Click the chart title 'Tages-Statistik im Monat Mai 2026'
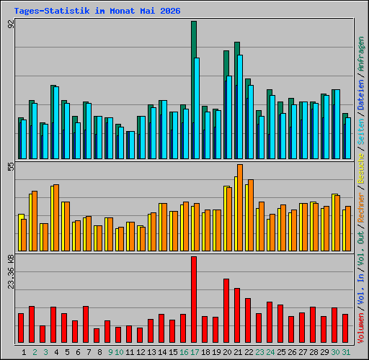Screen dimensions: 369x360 [x=97, y=11]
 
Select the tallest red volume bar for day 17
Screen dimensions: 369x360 [x=194, y=300]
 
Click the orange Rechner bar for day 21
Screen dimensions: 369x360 [x=240, y=208]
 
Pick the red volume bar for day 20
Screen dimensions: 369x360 [x=226, y=311]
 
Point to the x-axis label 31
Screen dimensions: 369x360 [x=346, y=352]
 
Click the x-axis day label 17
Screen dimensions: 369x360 [x=195, y=352]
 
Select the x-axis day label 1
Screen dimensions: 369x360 [x=24, y=352]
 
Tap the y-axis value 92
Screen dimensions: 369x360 [x=11, y=24]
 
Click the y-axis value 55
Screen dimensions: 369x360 [x=11, y=167]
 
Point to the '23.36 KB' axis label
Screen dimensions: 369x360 [x=11, y=272]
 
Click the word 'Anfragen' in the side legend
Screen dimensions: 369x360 [x=360, y=54]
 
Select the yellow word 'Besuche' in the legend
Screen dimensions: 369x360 [x=360, y=168]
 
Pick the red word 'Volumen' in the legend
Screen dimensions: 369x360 [x=360, y=328]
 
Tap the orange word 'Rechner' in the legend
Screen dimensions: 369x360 [x=360, y=207]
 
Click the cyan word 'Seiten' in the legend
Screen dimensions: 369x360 [x=360, y=131]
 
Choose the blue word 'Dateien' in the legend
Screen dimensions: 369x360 [x=360, y=95]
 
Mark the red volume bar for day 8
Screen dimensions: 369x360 [x=97, y=336]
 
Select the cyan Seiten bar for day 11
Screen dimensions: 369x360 [x=132, y=145]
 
